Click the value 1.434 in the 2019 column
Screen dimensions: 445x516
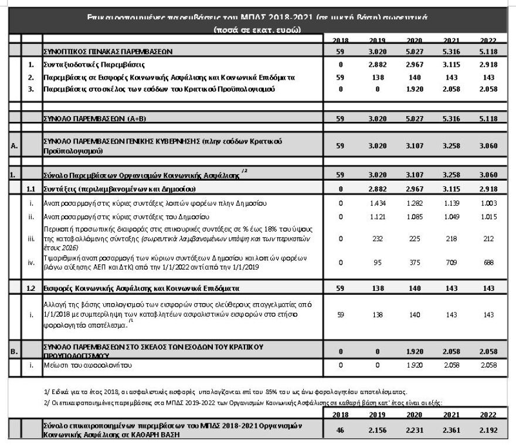378,203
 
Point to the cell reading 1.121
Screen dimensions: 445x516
378,215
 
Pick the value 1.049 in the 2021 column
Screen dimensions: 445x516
450,215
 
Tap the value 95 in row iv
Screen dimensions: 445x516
378,263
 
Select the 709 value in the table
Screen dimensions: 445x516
450,263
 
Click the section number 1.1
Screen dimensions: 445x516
32,189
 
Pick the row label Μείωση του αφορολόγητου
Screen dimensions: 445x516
88,365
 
